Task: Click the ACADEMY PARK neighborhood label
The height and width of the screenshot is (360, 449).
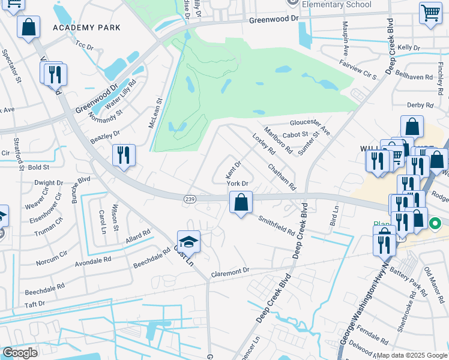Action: [x=86, y=28]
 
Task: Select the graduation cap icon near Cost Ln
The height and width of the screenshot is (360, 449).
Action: [x=188, y=241]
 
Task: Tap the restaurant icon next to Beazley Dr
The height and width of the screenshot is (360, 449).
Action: [x=124, y=155]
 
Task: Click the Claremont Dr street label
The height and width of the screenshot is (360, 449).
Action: [x=230, y=272]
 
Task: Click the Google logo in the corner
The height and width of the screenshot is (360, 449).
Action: [x=20, y=353]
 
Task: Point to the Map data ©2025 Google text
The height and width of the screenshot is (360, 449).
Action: [x=411, y=355]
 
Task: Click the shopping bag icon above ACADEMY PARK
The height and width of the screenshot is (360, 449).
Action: [x=28, y=27]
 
